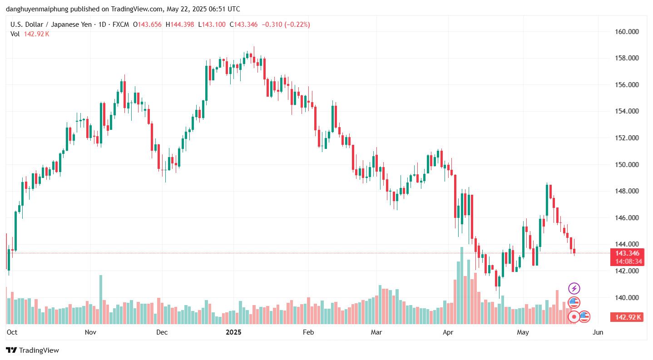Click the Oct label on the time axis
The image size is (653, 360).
point(12,332)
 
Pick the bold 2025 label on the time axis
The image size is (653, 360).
point(234,332)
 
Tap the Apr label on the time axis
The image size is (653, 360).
point(448,332)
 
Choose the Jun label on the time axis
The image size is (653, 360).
point(598,332)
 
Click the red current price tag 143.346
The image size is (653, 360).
point(627,253)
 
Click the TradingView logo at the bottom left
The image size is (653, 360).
point(32,350)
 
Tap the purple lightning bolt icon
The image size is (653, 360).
point(574,288)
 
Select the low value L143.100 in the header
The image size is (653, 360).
point(212,25)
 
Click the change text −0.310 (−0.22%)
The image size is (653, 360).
point(285,25)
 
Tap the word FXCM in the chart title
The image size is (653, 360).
point(119,25)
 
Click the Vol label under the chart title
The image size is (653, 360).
point(15,34)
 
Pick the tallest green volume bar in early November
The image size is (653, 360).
point(101,299)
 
